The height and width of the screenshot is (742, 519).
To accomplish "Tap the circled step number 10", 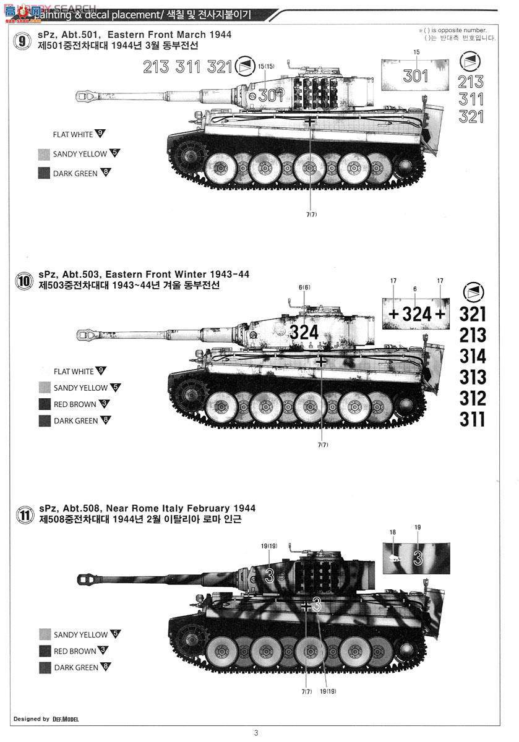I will pyautogui.click(x=23, y=279).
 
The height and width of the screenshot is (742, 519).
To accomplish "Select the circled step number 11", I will pyautogui.click(x=24, y=514).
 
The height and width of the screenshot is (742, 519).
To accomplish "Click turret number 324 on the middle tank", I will pyautogui.click(x=304, y=332).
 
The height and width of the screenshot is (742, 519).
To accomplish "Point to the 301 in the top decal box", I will pyautogui.click(x=415, y=76).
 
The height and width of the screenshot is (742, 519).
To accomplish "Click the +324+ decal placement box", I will pyautogui.click(x=416, y=314).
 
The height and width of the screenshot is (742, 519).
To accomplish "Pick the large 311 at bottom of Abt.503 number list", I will pyautogui.click(x=472, y=420).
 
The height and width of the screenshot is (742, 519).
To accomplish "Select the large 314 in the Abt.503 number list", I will pyautogui.click(x=472, y=356).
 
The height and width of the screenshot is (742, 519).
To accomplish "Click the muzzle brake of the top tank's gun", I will pyautogui.click(x=86, y=96).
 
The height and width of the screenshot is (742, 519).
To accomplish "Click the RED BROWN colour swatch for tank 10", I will pyautogui.click(x=44, y=404).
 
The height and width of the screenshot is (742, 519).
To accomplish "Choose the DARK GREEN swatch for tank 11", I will pyautogui.click(x=45, y=668).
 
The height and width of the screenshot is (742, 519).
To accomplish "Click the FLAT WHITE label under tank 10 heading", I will pyautogui.click(x=74, y=372).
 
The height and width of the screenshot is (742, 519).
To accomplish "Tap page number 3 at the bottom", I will pyautogui.click(x=255, y=733).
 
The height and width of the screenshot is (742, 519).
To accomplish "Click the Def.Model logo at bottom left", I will pyautogui.click(x=65, y=719).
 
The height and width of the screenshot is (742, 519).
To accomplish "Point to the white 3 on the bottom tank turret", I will pyautogui.click(x=269, y=575).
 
